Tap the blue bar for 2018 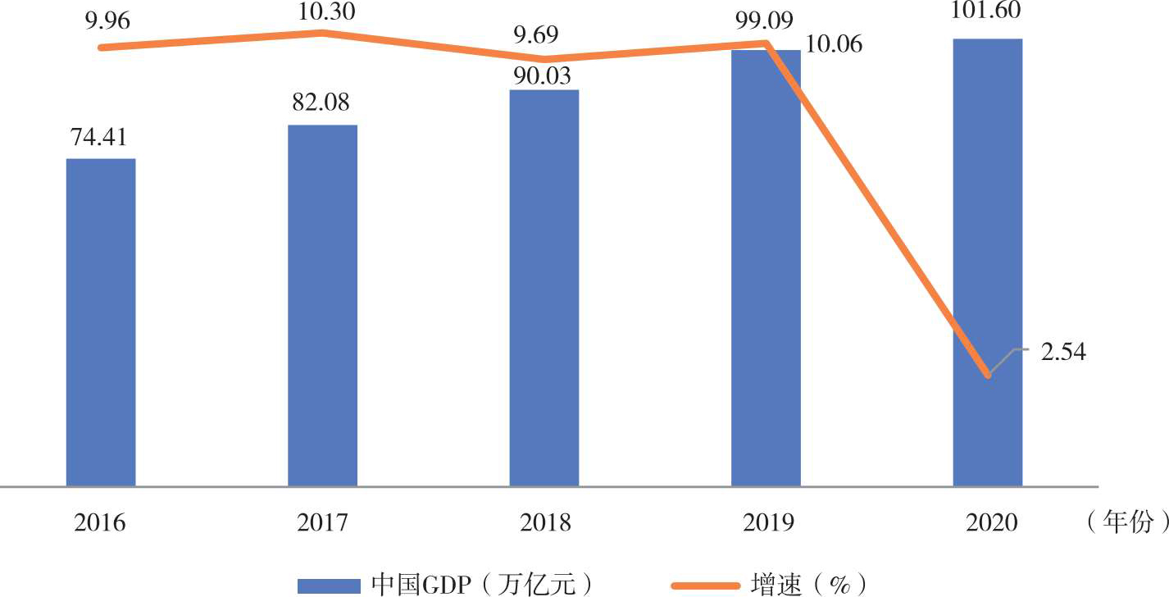coord(544,288)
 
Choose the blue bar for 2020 coord(987,262)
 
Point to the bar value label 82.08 coord(321,103)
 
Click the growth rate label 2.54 coord(1063,353)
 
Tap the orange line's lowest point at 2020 coord(988,376)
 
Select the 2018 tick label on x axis coord(544,522)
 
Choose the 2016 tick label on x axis coord(100,522)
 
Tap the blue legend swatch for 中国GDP coord(329,585)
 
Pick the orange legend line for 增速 coord(705,585)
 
